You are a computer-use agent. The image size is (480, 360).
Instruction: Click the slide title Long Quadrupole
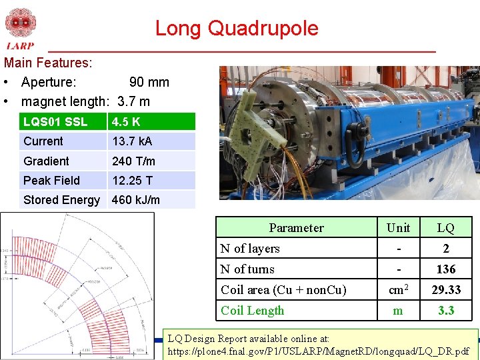(x=237, y=29)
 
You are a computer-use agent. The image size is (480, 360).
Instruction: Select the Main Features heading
(x=48, y=63)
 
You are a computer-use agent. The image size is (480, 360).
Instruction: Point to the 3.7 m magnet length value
(x=133, y=101)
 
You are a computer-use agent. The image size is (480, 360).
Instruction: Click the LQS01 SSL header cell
(x=55, y=122)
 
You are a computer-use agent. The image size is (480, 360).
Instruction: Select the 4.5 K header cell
(x=126, y=122)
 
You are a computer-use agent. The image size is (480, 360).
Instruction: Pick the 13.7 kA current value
(x=132, y=141)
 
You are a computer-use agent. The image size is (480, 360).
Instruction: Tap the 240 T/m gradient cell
(x=133, y=161)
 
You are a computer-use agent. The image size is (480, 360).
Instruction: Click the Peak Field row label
(x=51, y=181)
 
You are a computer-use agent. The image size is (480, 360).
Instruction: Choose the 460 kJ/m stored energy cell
(x=136, y=200)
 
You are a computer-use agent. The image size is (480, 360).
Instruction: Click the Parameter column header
(x=296, y=228)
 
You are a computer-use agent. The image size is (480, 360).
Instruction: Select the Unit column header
(x=398, y=228)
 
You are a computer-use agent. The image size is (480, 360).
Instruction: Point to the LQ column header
(x=445, y=228)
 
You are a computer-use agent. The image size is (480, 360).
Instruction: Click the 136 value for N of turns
(x=445, y=269)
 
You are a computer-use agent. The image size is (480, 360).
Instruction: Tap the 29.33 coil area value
(x=445, y=290)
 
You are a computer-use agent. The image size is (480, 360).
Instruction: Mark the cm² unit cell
(x=398, y=290)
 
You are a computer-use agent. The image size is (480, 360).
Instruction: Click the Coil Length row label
(x=252, y=311)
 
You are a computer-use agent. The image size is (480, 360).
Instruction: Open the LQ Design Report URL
(x=319, y=351)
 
